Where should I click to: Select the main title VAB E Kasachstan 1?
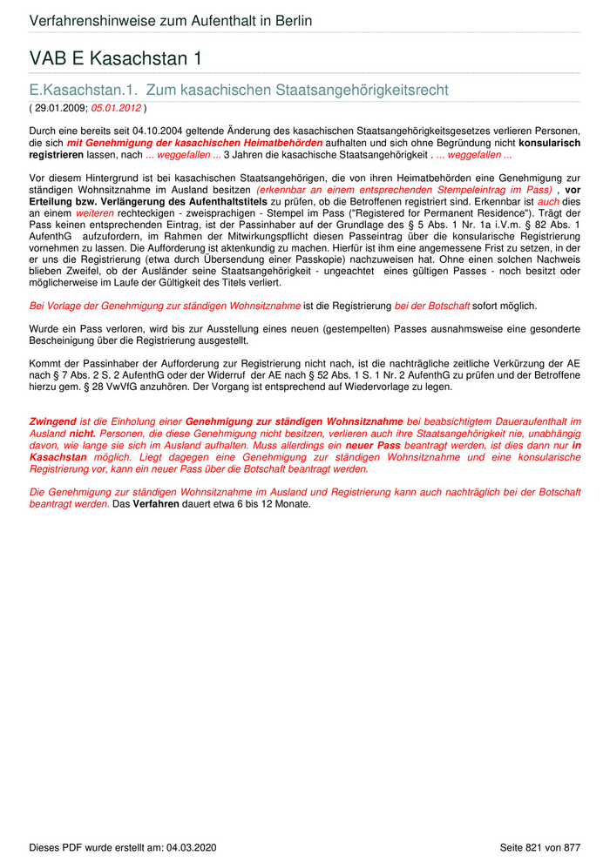115,58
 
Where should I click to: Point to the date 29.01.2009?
60,108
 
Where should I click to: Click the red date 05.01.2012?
116,108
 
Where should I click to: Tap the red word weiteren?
95,212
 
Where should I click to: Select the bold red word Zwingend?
52,421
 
